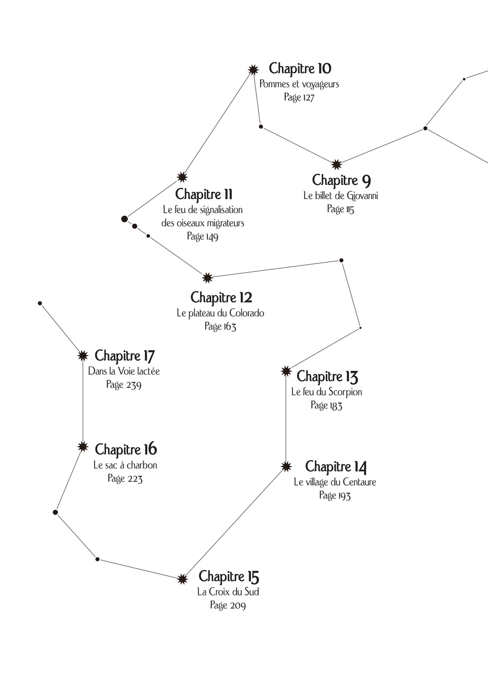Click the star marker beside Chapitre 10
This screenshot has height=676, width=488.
pos(253,70)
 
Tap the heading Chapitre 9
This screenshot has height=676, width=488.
pos(341,180)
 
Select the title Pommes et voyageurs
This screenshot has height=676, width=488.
pos(299,84)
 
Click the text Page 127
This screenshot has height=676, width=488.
pos(299,97)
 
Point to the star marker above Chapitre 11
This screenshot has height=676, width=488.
pos(182,177)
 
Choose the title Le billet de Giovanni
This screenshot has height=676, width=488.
pos(341,196)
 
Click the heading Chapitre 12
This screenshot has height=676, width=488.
pos(221,297)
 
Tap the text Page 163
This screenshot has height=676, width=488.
pos(220,326)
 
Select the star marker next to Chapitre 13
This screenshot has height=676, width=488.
pos(286,371)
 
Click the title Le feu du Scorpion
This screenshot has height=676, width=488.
pos(326,392)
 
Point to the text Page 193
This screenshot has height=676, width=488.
pos(335,495)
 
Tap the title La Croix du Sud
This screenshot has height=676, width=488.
pos(228,592)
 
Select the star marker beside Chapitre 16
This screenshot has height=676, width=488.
pos(83,447)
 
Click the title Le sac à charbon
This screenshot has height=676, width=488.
pos(125,465)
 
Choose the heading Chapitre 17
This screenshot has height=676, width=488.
pos(124,356)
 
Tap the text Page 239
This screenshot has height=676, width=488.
pos(124,385)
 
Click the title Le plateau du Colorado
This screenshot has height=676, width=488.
pos(220,313)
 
